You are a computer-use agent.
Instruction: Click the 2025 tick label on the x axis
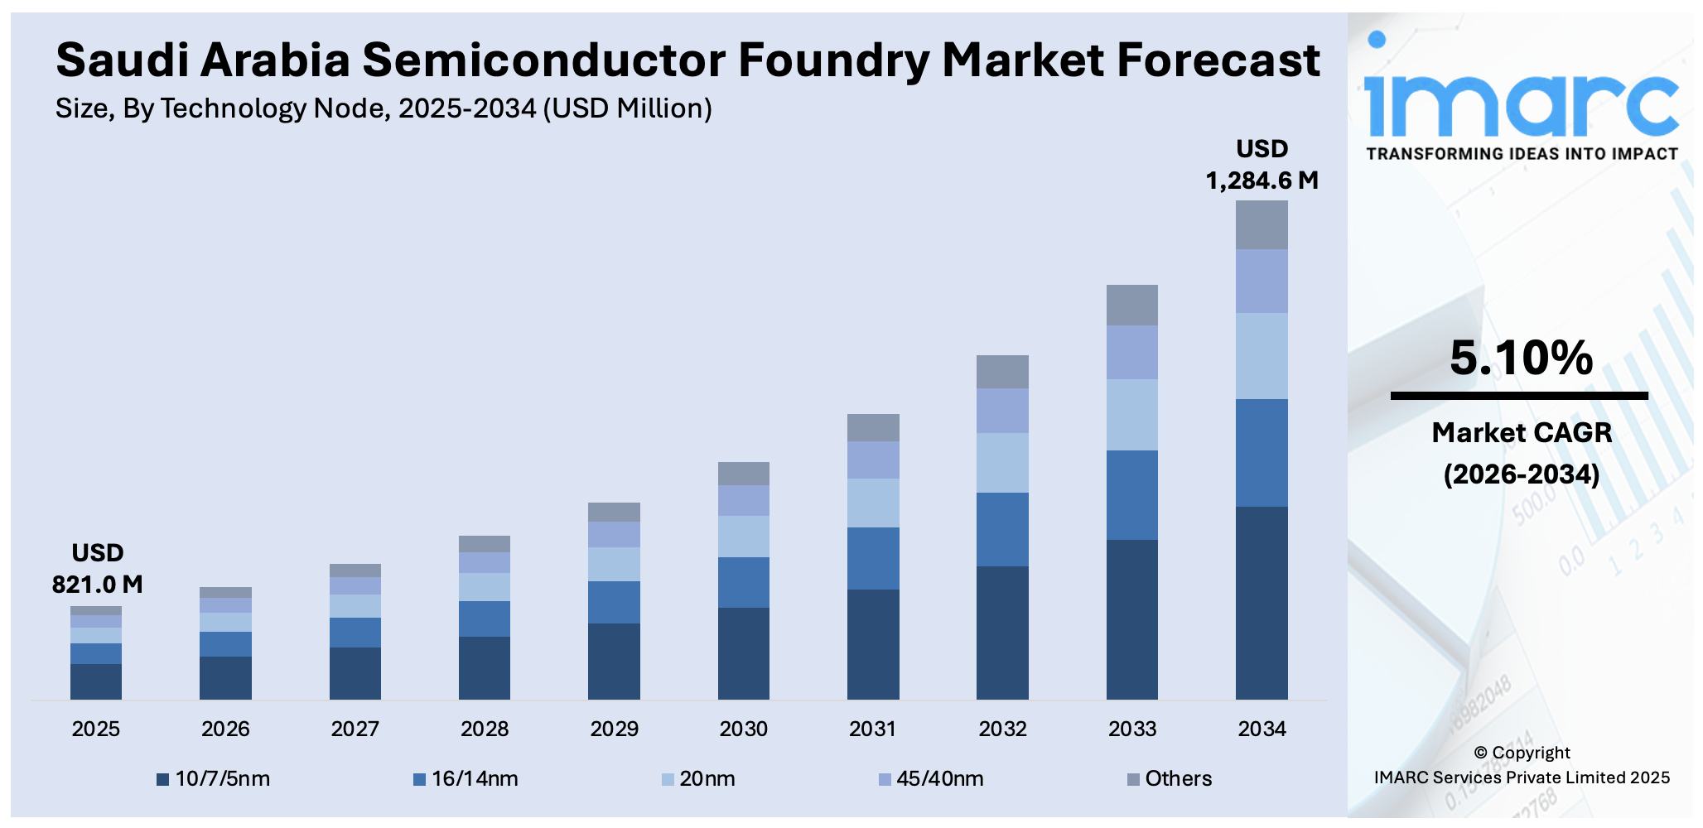(x=96, y=729)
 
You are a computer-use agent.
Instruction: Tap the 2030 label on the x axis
(x=744, y=729)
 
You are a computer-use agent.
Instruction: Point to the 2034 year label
(x=1262, y=729)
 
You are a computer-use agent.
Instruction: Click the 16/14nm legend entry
(x=466, y=779)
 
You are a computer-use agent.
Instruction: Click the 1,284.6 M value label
(x=1262, y=181)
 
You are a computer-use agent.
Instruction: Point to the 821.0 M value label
(x=97, y=585)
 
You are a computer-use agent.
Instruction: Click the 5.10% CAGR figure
(x=1521, y=358)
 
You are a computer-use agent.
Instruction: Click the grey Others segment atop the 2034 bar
(x=1262, y=225)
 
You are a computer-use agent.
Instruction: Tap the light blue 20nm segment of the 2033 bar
(x=1132, y=415)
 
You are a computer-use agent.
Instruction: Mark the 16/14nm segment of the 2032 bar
(x=1002, y=529)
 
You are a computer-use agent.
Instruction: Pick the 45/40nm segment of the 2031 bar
(x=873, y=460)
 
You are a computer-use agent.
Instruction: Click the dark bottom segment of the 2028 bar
(x=485, y=667)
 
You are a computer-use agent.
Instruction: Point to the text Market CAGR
(x=1522, y=432)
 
